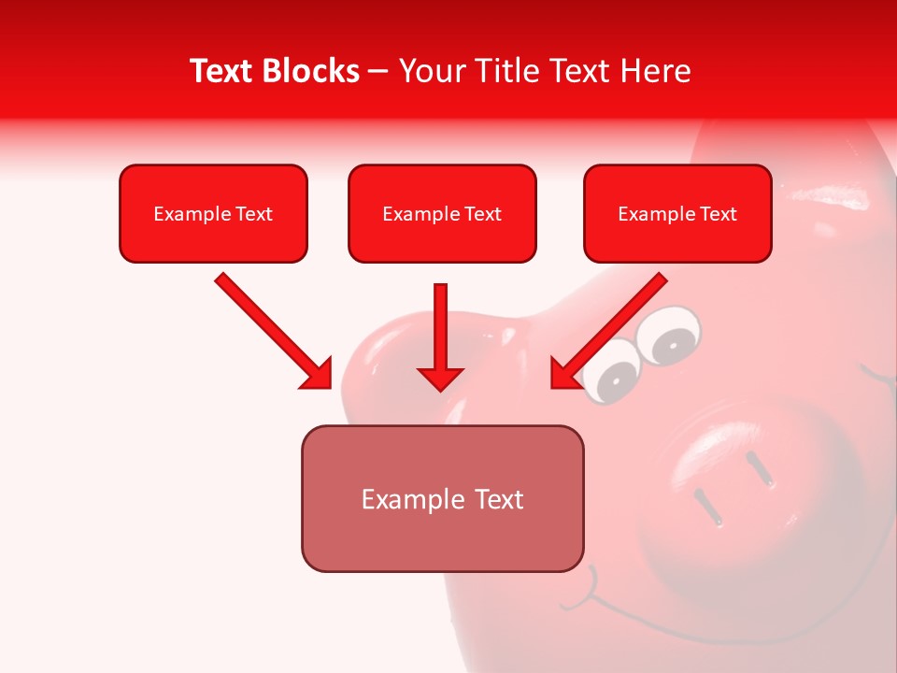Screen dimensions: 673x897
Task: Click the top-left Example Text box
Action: click(x=213, y=213)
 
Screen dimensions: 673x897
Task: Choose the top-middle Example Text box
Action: click(x=442, y=213)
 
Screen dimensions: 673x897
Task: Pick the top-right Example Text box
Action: click(x=677, y=213)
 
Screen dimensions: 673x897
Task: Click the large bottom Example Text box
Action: click(x=442, y=498)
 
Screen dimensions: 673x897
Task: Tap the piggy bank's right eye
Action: click(x=671, y=336)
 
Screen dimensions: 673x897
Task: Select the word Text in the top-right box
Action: click(x=719, y=213)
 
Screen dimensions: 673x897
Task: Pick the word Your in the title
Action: click(x=426, y=71)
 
